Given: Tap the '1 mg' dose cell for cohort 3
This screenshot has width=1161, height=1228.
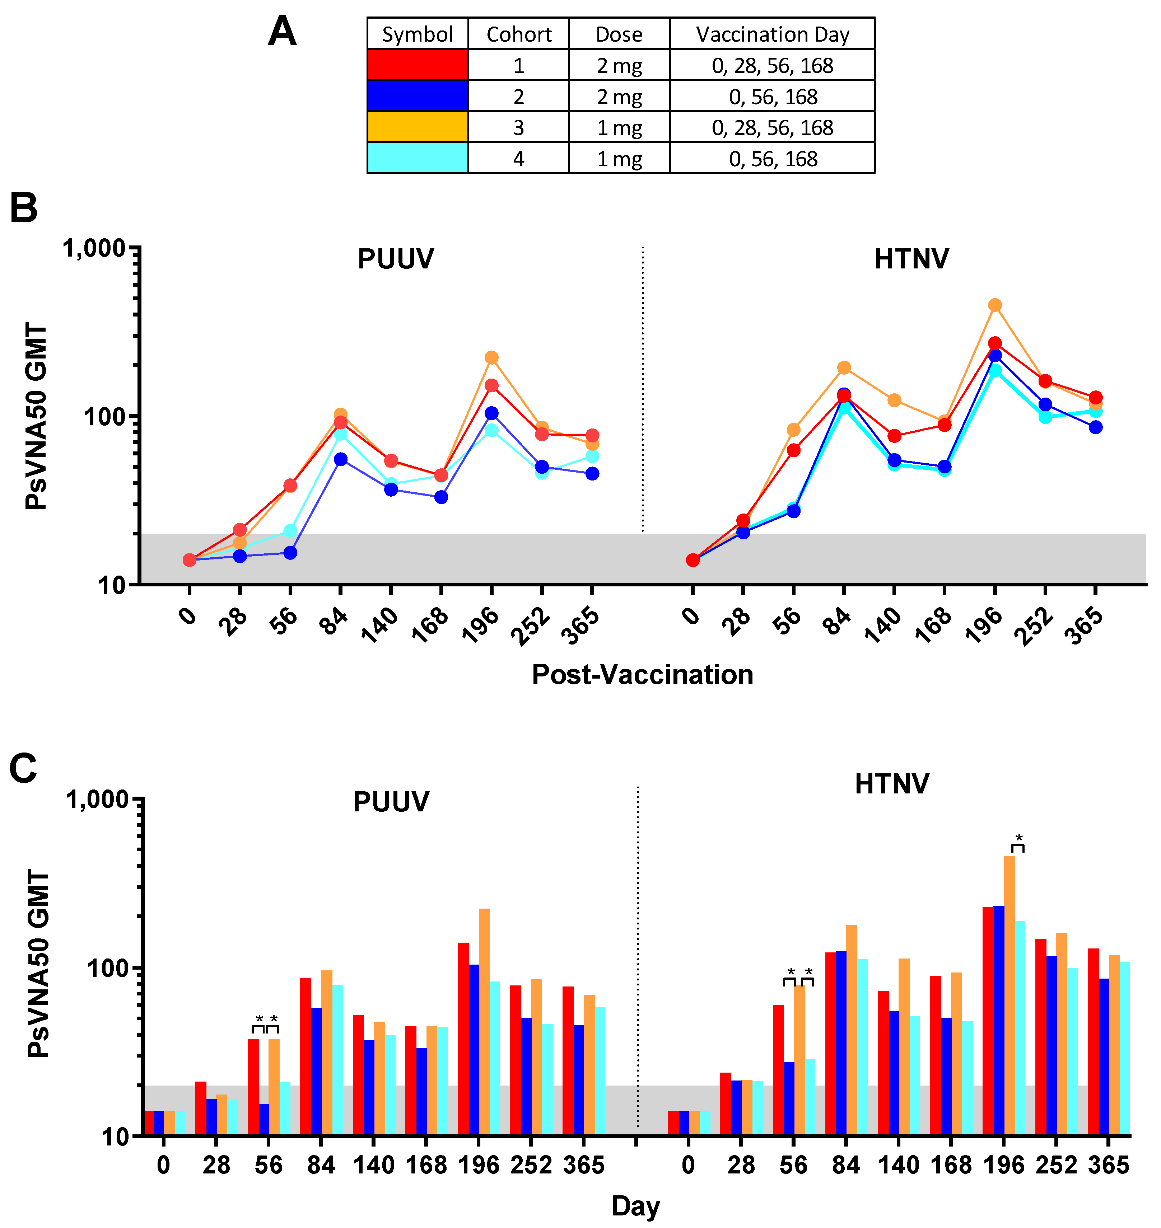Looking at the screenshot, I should coord(619,127).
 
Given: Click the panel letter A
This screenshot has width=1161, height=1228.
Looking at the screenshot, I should coord(282,32).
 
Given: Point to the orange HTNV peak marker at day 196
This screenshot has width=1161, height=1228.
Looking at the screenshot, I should coord(994,305).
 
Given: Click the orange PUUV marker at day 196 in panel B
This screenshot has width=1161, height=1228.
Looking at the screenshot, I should coord(491,357).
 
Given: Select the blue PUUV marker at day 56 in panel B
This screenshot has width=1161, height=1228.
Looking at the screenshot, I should coord(290,552).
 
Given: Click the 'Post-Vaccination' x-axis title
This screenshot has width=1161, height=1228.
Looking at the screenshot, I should coord(642,674).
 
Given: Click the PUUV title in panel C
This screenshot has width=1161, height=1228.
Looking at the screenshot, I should coord(391,802).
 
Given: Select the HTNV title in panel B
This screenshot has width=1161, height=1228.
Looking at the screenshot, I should coord(911,259).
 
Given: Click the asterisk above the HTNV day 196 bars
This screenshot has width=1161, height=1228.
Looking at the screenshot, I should coord(1019,839).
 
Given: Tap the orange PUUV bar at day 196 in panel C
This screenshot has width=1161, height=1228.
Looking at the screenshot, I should coord(484,1021).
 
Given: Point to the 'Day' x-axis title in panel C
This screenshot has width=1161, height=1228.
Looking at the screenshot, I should coord(635,1206).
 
